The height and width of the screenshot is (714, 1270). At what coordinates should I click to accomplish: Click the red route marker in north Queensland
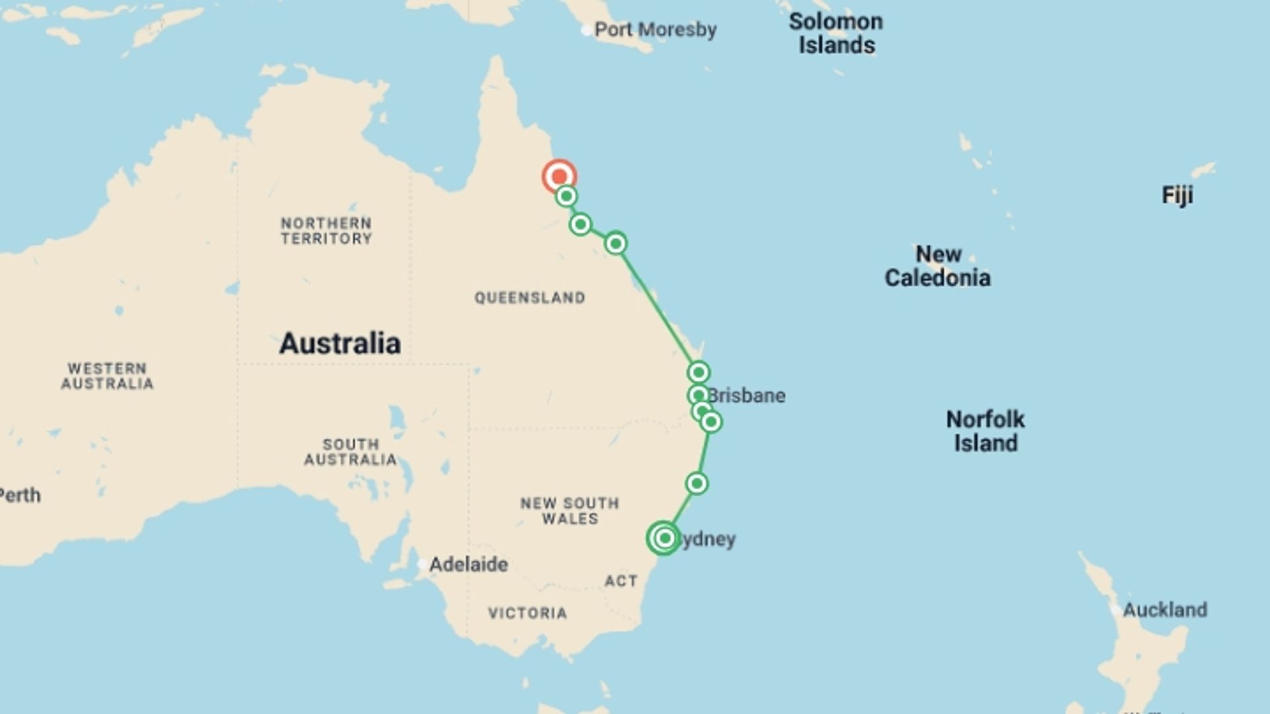tap(560, 177)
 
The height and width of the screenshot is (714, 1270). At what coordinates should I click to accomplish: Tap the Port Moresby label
tap(655, 30)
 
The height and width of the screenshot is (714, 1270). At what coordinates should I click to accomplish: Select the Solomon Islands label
tap(836, 33)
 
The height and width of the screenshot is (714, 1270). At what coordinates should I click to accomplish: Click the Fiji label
tap(1177, 196)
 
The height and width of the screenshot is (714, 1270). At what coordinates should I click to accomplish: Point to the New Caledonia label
tap(937, 266)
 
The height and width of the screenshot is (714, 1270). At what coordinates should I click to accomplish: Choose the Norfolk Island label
tap(985, 431)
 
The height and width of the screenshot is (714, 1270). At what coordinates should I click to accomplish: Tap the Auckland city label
tap(1165, 610)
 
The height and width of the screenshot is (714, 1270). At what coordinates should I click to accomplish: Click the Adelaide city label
tap(468, 565)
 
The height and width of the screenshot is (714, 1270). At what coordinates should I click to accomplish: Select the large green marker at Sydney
tap(664, 538)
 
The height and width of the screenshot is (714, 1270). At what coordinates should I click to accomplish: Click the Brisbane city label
tap(747, 395)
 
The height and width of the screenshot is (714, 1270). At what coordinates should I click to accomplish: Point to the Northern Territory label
tap(326, 231)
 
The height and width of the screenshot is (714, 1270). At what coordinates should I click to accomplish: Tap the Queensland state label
tap(530, 298)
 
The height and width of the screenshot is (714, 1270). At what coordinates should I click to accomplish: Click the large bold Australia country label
tap(340, 343)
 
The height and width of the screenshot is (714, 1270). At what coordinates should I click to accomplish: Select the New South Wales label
tap(570, 511)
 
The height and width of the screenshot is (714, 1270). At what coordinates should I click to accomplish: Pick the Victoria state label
tap(528, 614)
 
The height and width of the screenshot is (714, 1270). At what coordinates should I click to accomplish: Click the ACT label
tap(621, 581)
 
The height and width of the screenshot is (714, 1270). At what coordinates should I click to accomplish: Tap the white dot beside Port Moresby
tap(586, 30)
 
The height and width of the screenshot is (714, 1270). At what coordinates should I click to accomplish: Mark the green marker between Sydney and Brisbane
tap(697, 483)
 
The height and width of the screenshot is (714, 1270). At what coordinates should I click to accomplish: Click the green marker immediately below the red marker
tap(566, 196)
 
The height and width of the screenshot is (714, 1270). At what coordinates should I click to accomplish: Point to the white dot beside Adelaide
tap(422, 565)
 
